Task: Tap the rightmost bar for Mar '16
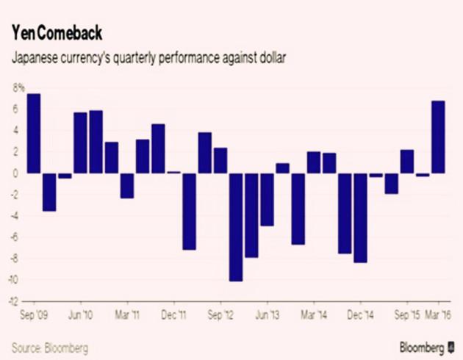point(438,137)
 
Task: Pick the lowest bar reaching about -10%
point(235,227)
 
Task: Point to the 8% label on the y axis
point(17,88)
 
